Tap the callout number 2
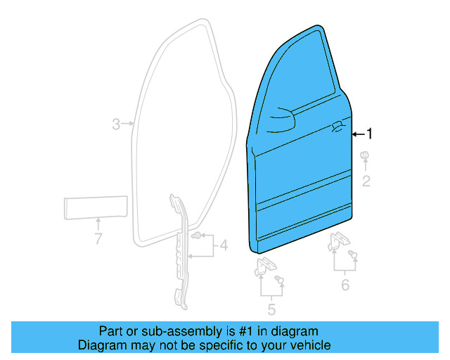pyautogui.click(x=366, y=181)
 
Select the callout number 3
pyautogui.click(x=117, y=124)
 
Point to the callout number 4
pyautogui.click(x=223, y=245)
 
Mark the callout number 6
pyautogui.click(x=345, y=284)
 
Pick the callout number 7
pyautogui.click(x=98, y=238)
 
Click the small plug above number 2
pyautogui.click(x=365, y=155)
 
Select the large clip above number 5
pyautogui.click(x=264, y=266)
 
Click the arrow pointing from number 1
pyautogui.click(x=356, y=133)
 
